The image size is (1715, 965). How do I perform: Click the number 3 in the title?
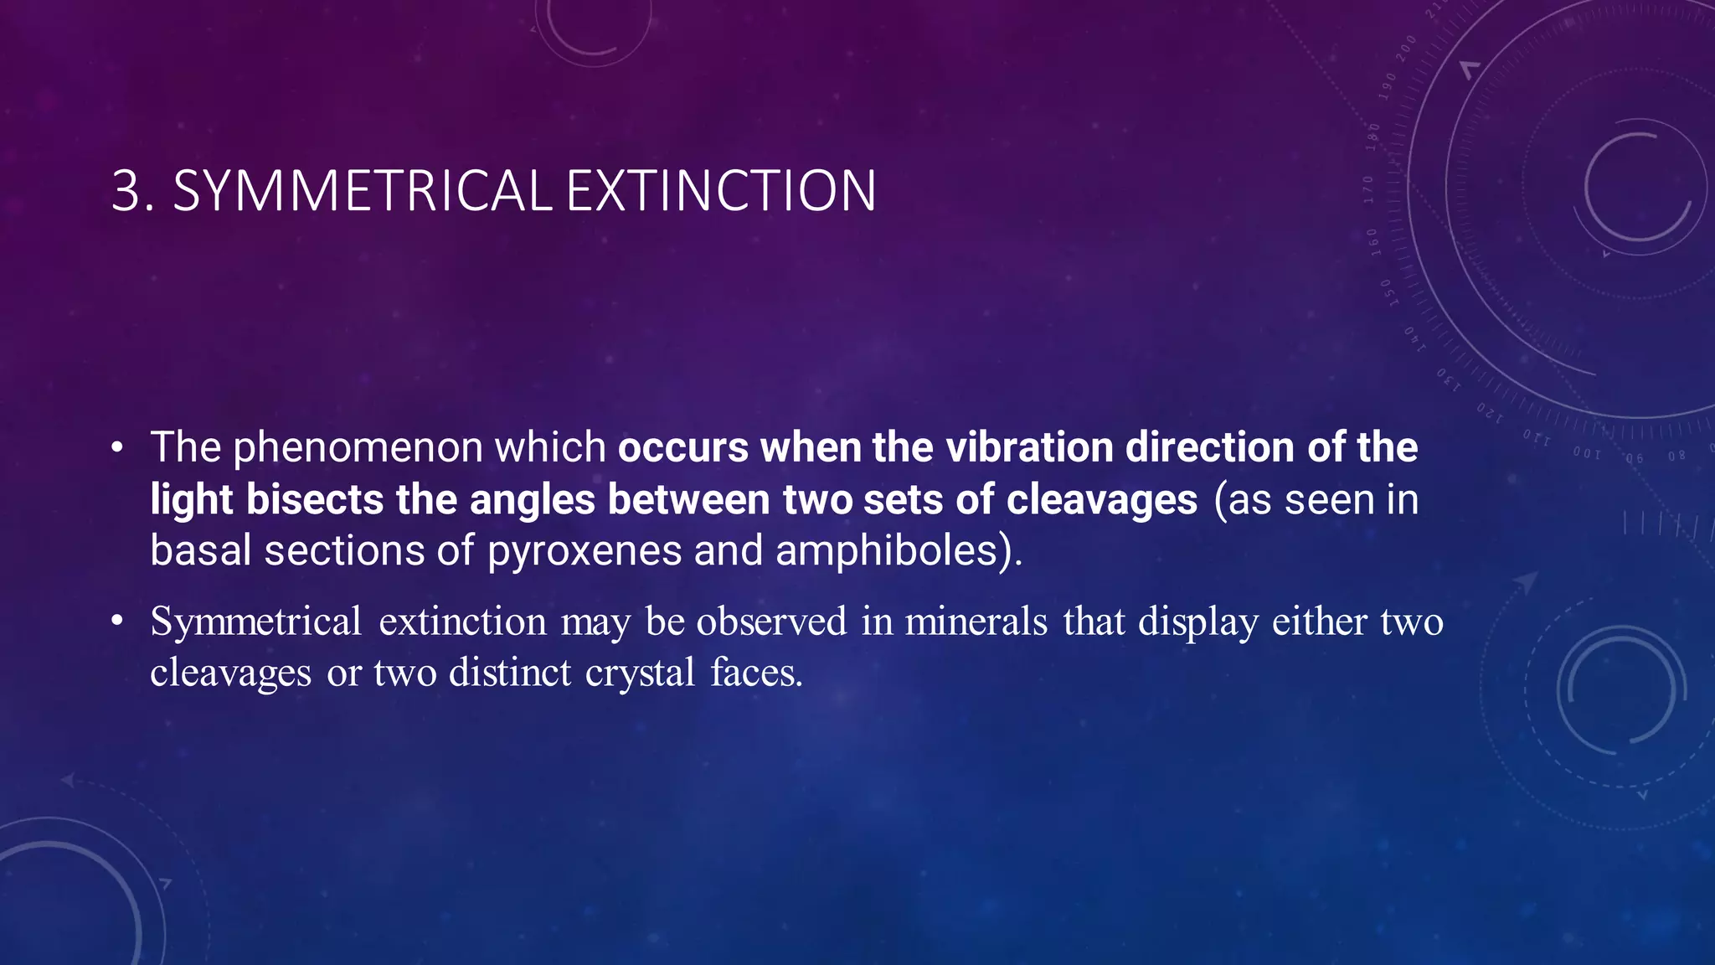point(126,191)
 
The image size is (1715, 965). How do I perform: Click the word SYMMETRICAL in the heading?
point(362,191)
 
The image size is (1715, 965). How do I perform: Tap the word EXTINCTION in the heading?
point(721,191)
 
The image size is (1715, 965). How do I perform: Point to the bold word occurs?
point(682,447)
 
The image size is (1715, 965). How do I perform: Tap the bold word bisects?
point(315,500)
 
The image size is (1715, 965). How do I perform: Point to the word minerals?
point(976,622)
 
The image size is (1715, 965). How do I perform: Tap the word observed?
point(771,622)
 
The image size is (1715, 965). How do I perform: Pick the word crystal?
point(640,673)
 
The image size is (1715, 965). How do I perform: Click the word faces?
point(756,673)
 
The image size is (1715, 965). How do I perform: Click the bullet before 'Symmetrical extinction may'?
point(117,621)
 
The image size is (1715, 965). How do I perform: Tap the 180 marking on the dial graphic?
point(1373,136)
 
